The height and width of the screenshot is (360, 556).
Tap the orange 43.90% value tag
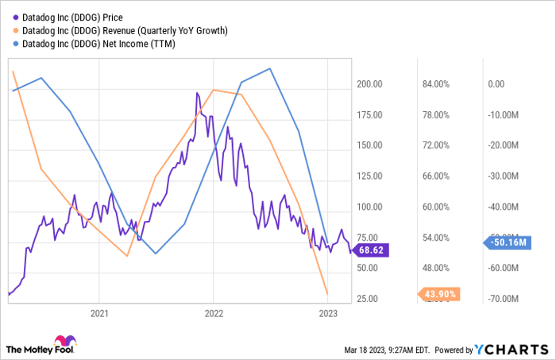(439, 294)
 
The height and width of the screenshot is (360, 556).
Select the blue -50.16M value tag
(507, 242)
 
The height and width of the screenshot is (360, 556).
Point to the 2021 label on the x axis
(98, 313)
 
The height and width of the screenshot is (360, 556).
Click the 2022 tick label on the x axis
(214, 313)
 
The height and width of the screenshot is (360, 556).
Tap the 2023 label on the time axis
(328, 313)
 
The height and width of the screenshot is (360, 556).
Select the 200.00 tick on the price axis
(372, 84)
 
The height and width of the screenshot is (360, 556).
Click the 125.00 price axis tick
(372, 176)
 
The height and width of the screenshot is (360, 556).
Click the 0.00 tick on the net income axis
(496, 84)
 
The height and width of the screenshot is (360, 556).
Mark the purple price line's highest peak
(197, 92)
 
